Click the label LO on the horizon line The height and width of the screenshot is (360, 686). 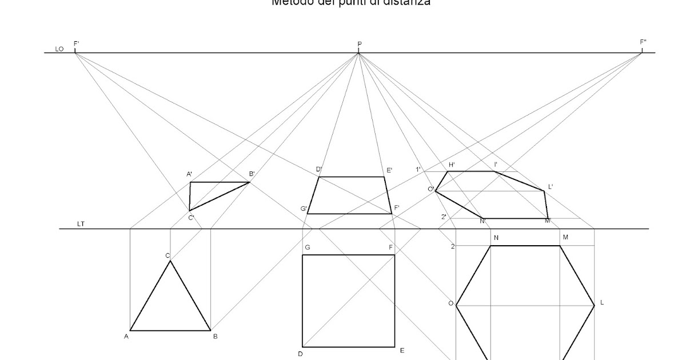[59, 49]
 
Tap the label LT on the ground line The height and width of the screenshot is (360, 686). [81, 224]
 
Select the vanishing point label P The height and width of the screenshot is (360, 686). [360, 44]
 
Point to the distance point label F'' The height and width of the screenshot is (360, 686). [643, 42]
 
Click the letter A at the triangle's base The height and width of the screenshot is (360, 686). [126, 337]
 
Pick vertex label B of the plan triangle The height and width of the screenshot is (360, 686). [215, 337]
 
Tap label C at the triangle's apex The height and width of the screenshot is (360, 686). [167, 255]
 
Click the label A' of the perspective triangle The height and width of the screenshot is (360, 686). [189, 174]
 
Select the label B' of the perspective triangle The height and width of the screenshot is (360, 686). [252, 174]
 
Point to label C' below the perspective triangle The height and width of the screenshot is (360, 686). [192, 218]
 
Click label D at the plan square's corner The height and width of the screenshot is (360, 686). [300, 354]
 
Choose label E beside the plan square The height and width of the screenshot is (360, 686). [402, 350]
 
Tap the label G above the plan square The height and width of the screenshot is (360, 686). [308, 247]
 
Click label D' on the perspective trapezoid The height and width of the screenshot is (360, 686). [319, 169]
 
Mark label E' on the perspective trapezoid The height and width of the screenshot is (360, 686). [389, 170]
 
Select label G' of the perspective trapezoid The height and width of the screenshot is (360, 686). [304, 209]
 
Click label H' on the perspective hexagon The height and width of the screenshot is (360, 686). [451, 165]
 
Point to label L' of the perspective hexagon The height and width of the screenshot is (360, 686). [551, 186]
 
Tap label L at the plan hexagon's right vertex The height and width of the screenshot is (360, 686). [602, 302]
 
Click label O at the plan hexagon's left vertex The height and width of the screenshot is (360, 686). [450, 303]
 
